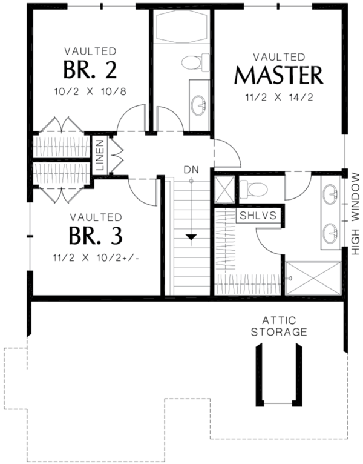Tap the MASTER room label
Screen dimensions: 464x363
click(x=278, y=76)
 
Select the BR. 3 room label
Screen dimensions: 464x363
click(x=96, y=234)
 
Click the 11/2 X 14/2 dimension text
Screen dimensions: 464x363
click(x=278, y=97)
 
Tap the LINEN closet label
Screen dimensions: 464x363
click(x=100, y=156)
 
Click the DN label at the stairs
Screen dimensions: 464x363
click(x=191, y=170)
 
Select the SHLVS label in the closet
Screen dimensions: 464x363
click(x=258, y=216)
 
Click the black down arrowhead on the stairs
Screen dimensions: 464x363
click(x=191, y=237)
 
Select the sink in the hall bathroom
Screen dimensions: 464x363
click(x=200, y=106)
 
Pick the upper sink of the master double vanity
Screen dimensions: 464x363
click(x=330, y=195)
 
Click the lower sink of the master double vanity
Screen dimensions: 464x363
click(x=330, y=231)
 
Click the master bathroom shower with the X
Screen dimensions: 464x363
click(x=313, y=278)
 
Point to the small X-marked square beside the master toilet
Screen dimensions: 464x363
click(x=224, y=188)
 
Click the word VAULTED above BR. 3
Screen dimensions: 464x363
click(x=96, y=217)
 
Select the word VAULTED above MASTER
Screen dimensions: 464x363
click(x=278, y=57)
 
